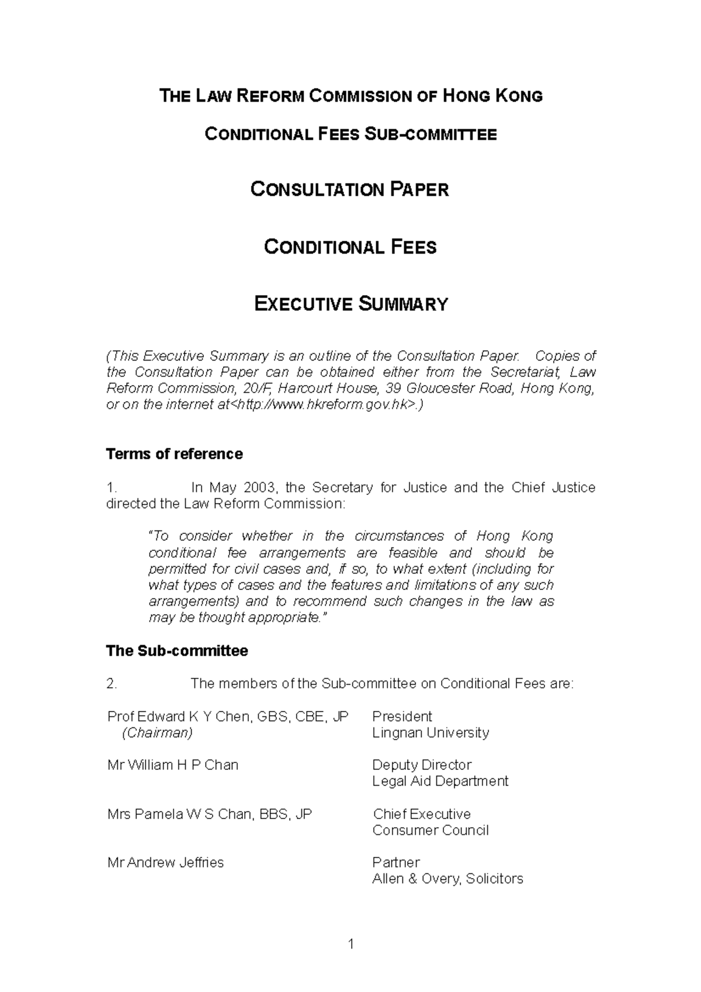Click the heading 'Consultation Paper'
[349, 190]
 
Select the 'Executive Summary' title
[351, 304]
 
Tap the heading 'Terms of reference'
[174, 454]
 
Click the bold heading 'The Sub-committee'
[176, 651]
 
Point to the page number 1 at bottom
[350, 944]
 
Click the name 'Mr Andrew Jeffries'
[165, 862]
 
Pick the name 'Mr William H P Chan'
[172, 765]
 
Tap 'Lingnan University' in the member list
[431, 733]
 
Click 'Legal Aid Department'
[440, 781]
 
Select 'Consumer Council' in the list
[430, 830]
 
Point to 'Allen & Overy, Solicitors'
[447, 879]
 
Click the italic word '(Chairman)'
[157, 733]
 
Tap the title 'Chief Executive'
[421, 814]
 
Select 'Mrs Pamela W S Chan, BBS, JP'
[210, 814]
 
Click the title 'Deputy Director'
[421, 765]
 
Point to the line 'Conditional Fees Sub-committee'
[350, 134]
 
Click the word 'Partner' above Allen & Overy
[395, 862]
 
